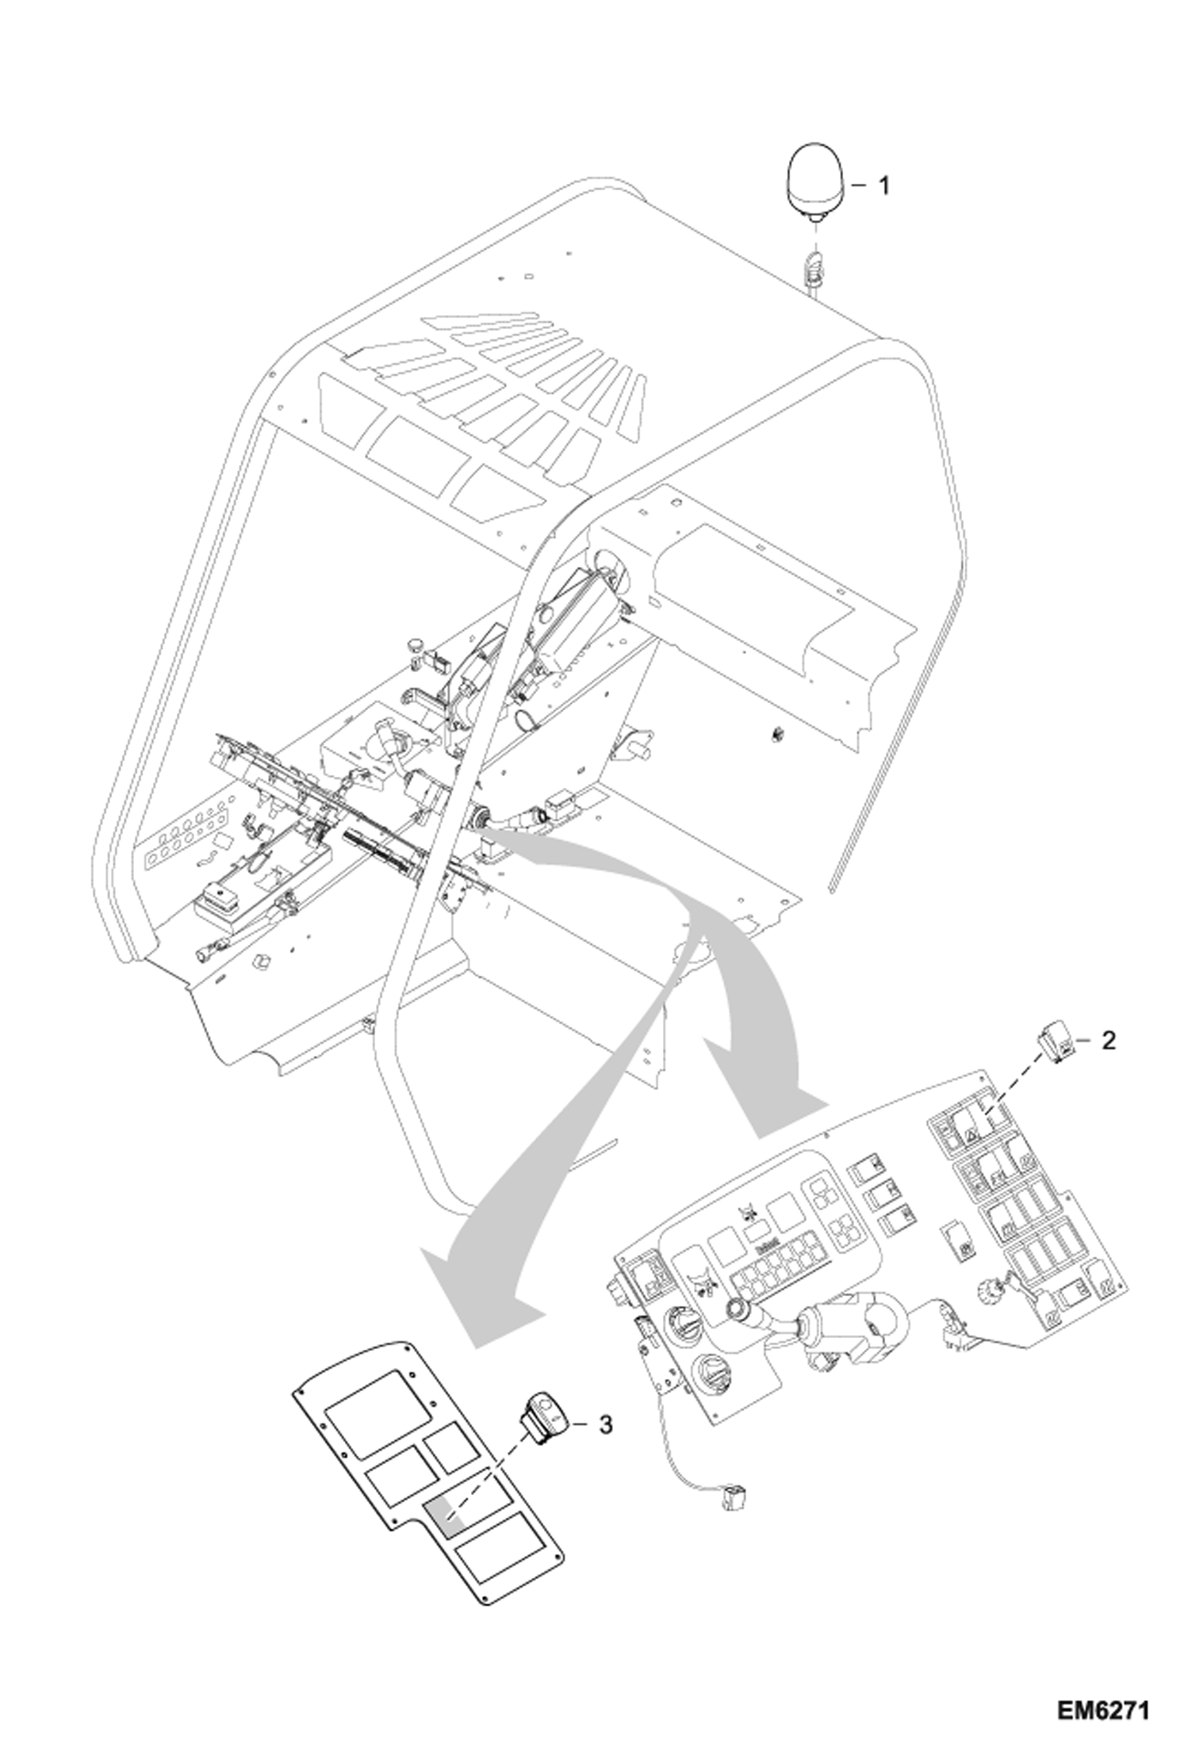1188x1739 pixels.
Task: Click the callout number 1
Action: coord(883,186)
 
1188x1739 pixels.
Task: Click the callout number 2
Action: coord(1108,1040)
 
